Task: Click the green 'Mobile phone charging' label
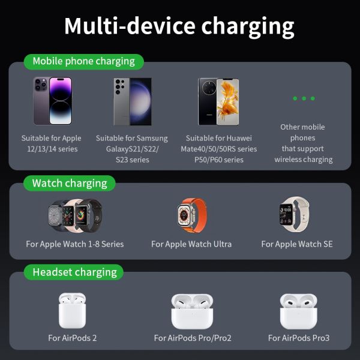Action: coord(83,61)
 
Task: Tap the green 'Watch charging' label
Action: coord(70,183)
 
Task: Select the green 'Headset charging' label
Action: coord(74,272)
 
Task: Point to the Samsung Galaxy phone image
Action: coord(132,101)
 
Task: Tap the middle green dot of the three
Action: coord(304,98)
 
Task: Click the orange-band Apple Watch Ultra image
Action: coord(187,215)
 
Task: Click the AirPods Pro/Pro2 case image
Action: coord(193,311)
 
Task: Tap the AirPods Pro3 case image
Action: coord(298,311)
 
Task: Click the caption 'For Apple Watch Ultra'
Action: coord(191,244)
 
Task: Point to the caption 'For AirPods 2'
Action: coord(73,338)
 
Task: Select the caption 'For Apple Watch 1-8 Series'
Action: coord(75,244)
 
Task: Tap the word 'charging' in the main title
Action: coord(248,27)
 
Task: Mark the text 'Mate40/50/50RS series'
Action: coord(219,149)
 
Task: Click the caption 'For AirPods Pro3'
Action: coord(299,338)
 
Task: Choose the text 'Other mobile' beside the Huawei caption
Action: coord(302,127)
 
